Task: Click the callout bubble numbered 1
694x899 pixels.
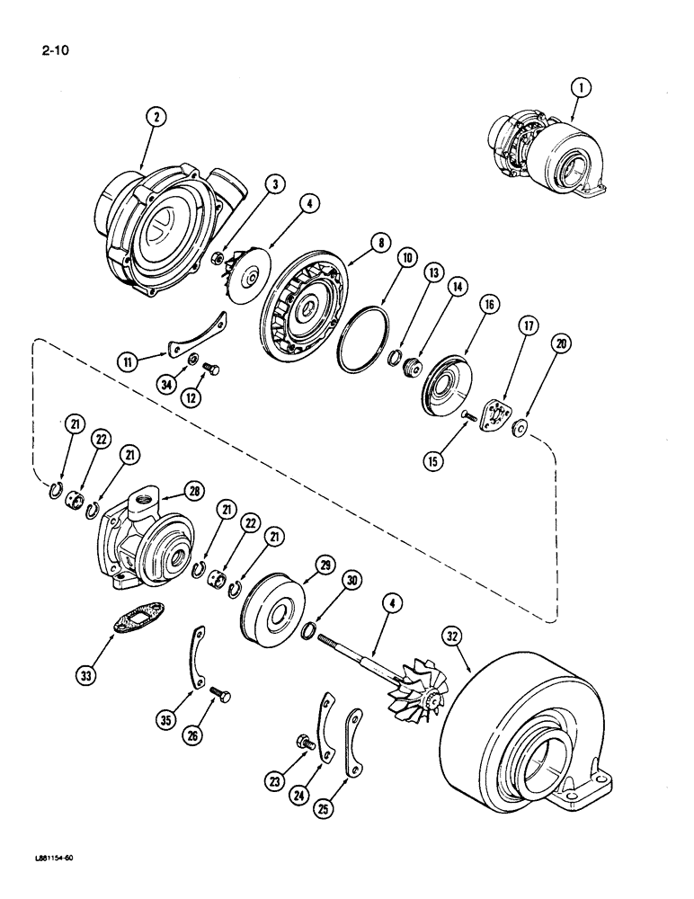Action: point(581,87)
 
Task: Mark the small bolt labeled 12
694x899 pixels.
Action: point(211,369)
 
